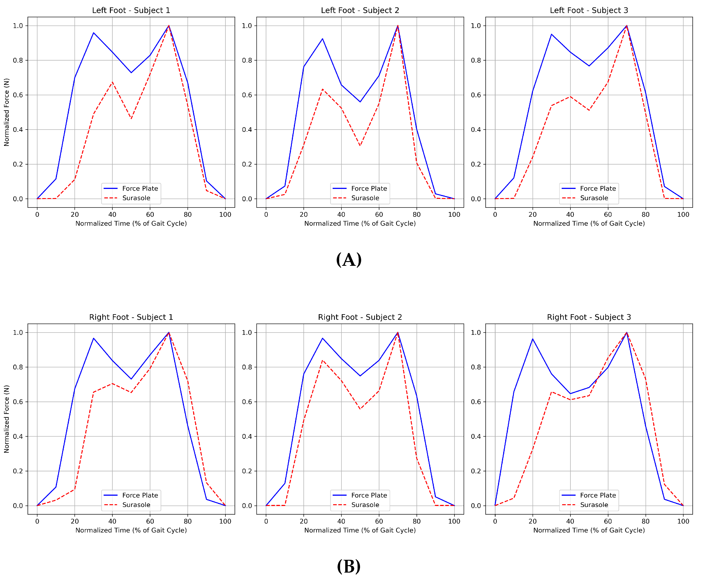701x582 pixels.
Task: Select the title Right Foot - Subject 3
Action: click(589, 317)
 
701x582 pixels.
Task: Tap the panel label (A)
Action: click(349, 260)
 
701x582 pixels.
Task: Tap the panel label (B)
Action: click(349, 566)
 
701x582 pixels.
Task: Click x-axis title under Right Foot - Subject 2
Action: click(360, 530)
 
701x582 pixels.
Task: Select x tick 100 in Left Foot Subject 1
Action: click(225, 214)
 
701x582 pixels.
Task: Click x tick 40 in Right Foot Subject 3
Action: click(570, 521)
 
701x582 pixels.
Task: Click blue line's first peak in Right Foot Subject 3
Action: click(533, 339)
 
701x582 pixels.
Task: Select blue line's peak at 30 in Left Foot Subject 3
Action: click(551, 34)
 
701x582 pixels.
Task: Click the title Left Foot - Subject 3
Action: click(589, 10)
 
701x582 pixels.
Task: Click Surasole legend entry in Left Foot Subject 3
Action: click(594, 198)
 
